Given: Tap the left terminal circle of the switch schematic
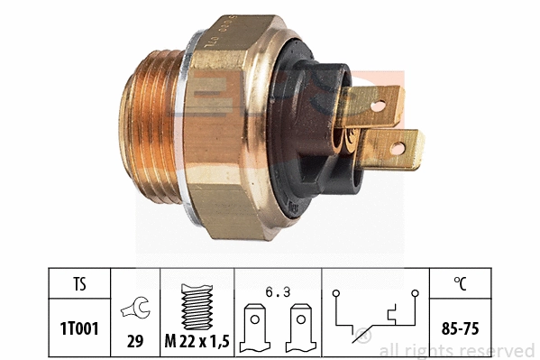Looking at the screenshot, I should point(335,292).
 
